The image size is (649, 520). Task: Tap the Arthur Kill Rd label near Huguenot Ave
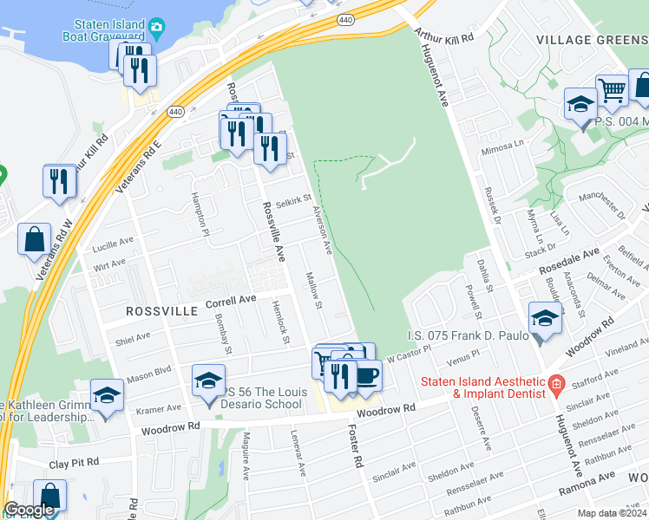point(443,38)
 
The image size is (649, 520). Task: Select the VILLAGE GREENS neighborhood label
point(592,40)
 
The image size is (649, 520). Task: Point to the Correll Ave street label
point(231,301)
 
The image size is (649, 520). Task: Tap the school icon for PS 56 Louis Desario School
point(208,381)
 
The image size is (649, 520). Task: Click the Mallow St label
point(314,292)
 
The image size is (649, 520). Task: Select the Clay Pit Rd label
point(74,463)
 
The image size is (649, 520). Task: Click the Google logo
point(29,510)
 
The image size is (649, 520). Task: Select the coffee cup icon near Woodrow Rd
point(367,374)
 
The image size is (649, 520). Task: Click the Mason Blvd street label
point(149,374)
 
